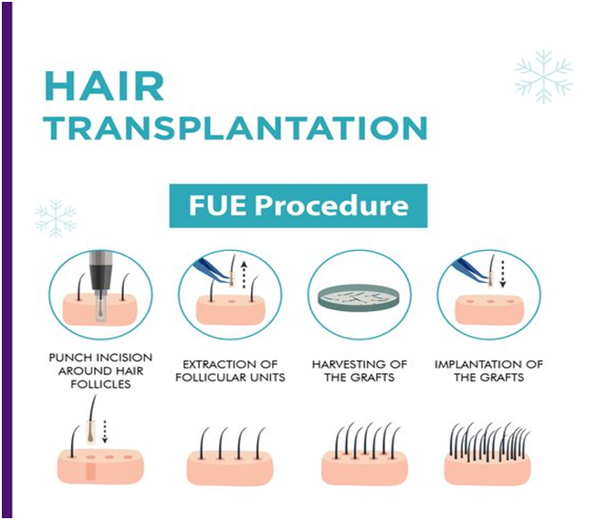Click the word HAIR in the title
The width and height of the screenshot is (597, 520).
coord(104,87)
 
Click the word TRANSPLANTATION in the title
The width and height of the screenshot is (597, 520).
coord(236,128)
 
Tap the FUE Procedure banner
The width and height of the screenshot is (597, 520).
coord(298,206)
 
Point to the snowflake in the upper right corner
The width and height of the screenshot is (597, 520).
coord(543,77)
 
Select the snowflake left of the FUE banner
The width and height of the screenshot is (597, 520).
coord(56,218)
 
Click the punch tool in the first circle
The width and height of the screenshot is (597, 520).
coord(100,286)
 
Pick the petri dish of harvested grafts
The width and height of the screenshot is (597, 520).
coord(359,297)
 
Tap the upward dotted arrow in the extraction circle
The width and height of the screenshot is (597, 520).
coord(244,275)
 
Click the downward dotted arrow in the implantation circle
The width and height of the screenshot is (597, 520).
coord(503,274)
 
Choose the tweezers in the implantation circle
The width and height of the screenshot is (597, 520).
coord(472,270)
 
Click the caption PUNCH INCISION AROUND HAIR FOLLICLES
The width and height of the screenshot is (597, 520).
coord(101,371)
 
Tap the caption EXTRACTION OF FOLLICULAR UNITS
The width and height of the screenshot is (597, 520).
coord(230,371)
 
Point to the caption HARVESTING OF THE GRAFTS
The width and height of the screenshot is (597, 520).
coord(360,371)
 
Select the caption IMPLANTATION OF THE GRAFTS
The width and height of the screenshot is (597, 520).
coord(488,371)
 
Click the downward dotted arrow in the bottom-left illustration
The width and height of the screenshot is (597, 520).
coord(105,432)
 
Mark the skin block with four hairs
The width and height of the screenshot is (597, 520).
coord(230,468)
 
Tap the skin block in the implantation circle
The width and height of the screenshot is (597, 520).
coord(489,309)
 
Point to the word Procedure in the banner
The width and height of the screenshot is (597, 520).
coord(331,206)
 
